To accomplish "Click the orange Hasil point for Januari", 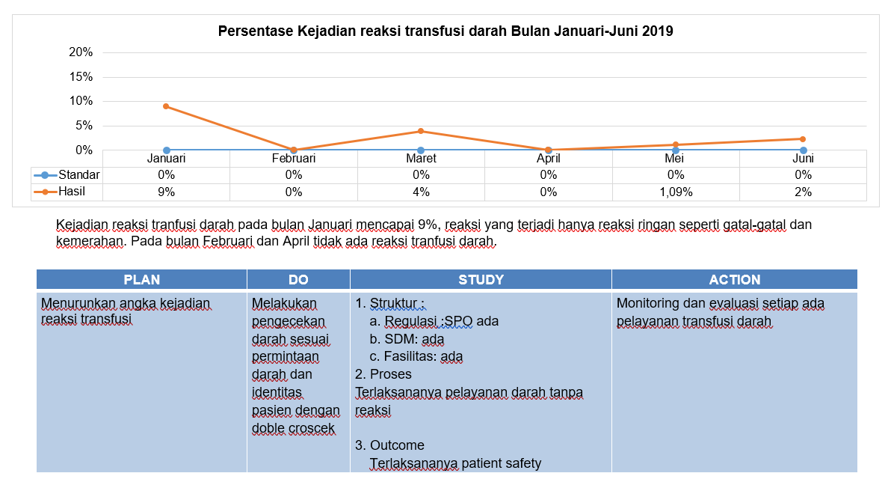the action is (166, 106).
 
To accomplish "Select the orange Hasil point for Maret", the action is (421, 131).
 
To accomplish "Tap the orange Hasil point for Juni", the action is (803, 139).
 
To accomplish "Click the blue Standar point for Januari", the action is (167, 150).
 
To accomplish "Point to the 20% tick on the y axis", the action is (81, 52).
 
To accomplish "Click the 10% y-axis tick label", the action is (81, 101).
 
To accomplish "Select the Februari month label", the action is (294, 158).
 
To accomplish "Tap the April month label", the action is (549, 158).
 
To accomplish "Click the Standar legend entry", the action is (67, 174).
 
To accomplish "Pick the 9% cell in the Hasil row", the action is (167, 192).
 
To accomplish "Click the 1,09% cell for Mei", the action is (676, 192).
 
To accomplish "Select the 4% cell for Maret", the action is (421, 192).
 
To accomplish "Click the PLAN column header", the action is (142, 279).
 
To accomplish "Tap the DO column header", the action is (298, 279).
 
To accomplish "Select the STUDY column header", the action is (481, 279).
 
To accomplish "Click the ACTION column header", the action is (735, 279).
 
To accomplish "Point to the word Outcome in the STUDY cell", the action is (397, 445).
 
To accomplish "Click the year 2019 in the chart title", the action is (658, 31).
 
